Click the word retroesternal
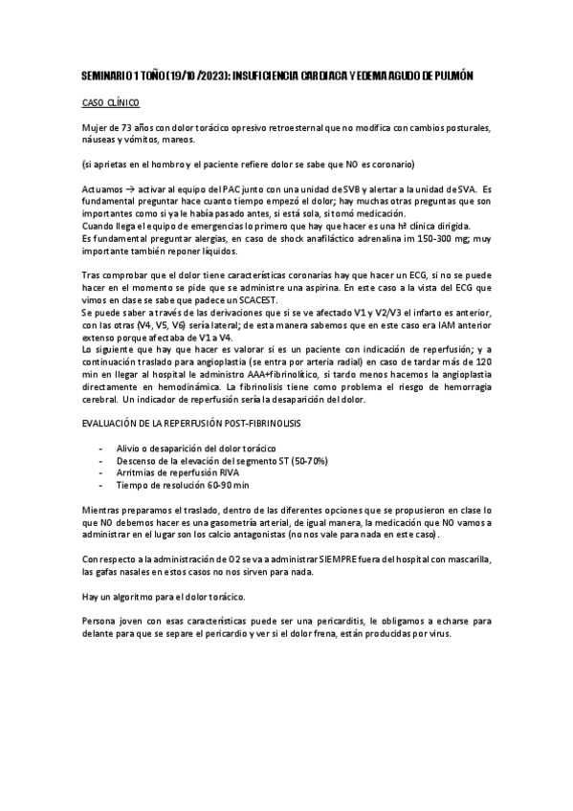(313, 127)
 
